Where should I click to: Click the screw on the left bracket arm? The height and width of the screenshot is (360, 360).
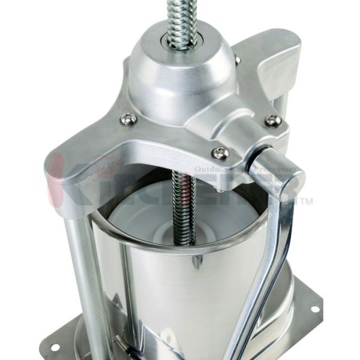tap(128, 119)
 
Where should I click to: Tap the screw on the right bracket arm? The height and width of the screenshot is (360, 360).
tap(273, 121)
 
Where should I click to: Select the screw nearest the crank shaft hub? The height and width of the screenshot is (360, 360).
tap(220, 154)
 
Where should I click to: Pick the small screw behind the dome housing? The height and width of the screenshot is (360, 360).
tap(238, 60)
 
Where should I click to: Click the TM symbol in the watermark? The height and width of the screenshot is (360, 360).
tap(305, 202)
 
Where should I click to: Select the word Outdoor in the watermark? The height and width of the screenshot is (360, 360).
tap(210, 170)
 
